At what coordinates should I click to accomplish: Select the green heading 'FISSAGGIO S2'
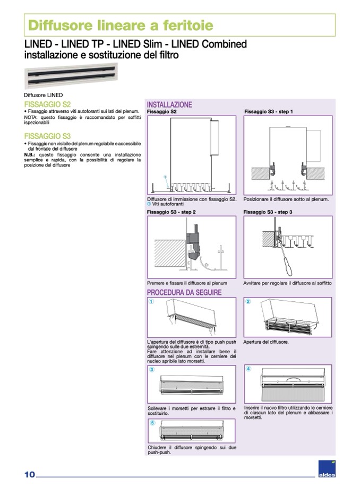pyautogui.click(x=47, y=104)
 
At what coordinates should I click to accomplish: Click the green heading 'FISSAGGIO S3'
pyautogui.click(x=47, y=136)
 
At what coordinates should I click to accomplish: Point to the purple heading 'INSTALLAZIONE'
pyautogui.click(x=169, y=105)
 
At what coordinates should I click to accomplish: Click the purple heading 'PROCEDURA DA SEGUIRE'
pyautogui.click(x=184, y=292)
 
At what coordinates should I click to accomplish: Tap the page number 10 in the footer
pyautogui.click(x=29, y=474)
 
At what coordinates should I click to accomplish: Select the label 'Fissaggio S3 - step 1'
pyautogui.click(x=269, y=112)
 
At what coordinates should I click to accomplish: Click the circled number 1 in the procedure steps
pyautogui.click(x=151, y=302)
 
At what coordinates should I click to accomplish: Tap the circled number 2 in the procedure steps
pyautogui.click(x=248, y=302)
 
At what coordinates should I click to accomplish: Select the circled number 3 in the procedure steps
pyautogui.click(x=151, y=369)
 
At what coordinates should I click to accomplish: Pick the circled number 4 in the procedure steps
pyautogui.click(x=248, y=369)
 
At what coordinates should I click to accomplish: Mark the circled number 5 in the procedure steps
pyautogui.click(x=151, y=423)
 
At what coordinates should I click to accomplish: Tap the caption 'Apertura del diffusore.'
pyautogui.click(x=266, y=342)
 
